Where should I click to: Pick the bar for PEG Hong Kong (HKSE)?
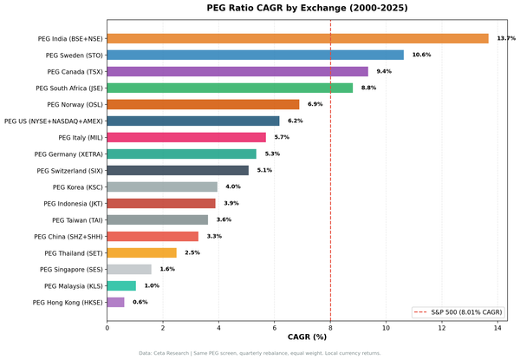click(115, 302)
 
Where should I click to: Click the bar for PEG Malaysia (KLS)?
click(121, 285)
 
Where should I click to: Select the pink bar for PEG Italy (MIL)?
click(186, 137)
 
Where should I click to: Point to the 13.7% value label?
click(506, 38)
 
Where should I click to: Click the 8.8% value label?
click(369, 88)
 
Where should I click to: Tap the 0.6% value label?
click(140, 302)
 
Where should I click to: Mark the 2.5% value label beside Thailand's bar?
click(192, 252)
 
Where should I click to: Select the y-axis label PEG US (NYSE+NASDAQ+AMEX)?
click(54, 121)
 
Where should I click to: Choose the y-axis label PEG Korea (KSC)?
click(78, 187)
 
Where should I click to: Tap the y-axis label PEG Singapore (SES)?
click(72, 269)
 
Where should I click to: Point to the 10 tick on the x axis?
click(386, 326)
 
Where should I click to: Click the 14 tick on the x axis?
click(497, 326)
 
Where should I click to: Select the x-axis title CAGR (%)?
click(307, 337)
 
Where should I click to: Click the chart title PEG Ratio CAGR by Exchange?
click(307, 8)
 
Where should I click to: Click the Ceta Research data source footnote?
click(260, 353)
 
